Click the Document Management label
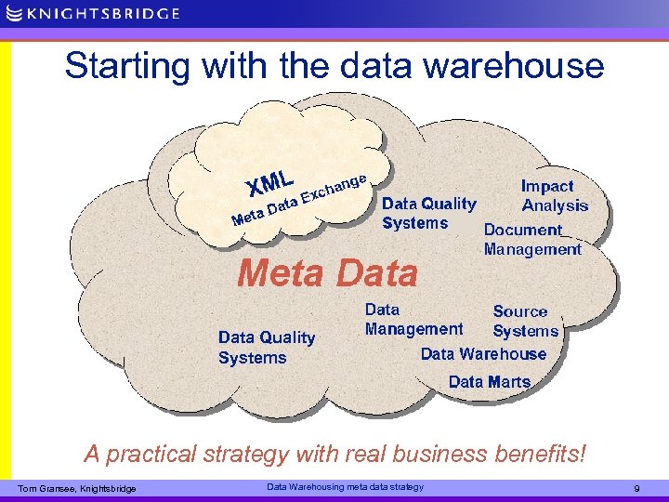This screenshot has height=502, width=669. coord(531,239)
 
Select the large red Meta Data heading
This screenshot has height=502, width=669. coord(328,273)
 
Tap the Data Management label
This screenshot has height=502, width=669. coord(413,319)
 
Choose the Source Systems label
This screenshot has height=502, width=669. coord(525,321)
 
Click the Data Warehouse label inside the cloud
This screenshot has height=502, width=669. coord(483,354)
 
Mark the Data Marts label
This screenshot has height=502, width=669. coord(489,381)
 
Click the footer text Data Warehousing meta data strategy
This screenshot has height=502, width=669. coord(345,487)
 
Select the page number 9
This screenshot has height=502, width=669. coord(636,489)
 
